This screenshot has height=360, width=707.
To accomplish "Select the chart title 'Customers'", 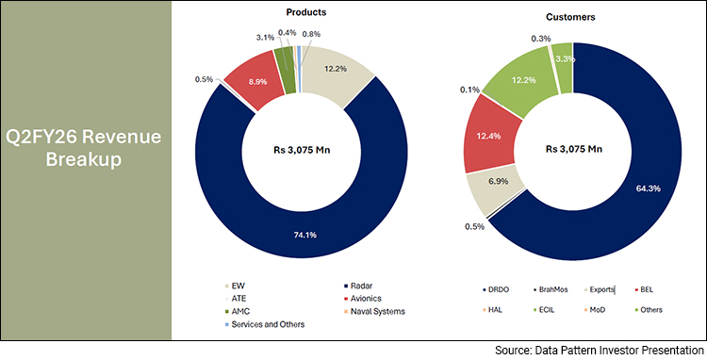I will click(x=563, y=17).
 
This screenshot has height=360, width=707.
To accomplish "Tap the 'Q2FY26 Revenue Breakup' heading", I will click(x=86, y=149).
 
